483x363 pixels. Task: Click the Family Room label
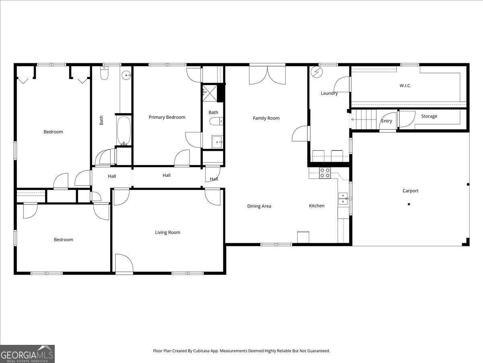point(266,118)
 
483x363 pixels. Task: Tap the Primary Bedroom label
point(167,117)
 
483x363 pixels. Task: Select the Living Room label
point(168,232)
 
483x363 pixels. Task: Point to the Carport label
point(411,191)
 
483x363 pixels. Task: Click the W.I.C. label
point(405,86)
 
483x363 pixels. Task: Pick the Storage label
point(429,116)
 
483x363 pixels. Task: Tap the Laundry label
point(329,93)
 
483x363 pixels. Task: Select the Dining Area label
point(259,206)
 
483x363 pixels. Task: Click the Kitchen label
point(317,206)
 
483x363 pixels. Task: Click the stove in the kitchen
point(325,173)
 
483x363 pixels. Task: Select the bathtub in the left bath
point(124,131)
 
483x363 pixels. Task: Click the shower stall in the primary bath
point(209,92)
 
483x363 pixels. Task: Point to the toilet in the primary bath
point(216,121)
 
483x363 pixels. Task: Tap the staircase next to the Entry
point(365,119)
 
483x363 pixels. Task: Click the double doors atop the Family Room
point(267,74)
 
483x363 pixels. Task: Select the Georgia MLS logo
point(27,354)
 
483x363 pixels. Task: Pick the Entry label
point(387,121)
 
